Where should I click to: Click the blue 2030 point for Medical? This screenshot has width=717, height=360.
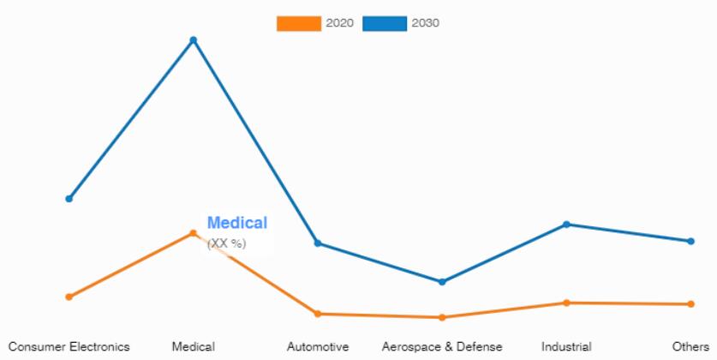pyautogui.click(x=193, y=39)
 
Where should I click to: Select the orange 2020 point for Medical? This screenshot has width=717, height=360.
pyautogui.click(x=193, y=232)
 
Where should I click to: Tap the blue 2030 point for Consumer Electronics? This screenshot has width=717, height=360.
pyautogui.click(x=69, y=199)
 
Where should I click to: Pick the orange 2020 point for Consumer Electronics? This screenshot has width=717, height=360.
pyautogui.click(x=69, y=297)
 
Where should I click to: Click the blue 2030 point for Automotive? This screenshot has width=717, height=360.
pyautogui.click(x=318, y=243)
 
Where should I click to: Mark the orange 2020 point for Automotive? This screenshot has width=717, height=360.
pyautogui.click(x=318, y=314)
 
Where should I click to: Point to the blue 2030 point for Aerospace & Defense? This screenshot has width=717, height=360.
pyautogui.click(x=442, y=282)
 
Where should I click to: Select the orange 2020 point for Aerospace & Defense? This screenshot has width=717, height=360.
pyautogui.click(x=442, y=317)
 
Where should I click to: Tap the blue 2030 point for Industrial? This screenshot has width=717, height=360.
pyautogui.click(x=566, y=225)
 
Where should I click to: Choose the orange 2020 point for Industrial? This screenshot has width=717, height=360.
pyautogui.click(x=566, y=303)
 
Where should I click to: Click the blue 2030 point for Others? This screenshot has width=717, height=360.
pyautogui.click(x=690, y=241)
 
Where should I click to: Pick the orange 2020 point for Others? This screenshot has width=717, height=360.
pyautogui.click(x=690, y=303)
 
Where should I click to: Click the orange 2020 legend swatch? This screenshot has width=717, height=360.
pyautogui.click(x=298, y=23)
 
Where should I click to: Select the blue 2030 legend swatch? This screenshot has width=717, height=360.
pyautogui.click(x=385, y=23)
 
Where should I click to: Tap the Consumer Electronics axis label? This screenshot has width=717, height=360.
pyautogui.click(x=69, y=346)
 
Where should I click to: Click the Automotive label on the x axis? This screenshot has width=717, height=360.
pyautogui.click(x=318, y=346)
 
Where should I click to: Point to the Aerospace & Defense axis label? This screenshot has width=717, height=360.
pyautogui.click(x=442, y=346)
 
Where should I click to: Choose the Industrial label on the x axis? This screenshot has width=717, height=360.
pyautogui.click(x=566, y=346)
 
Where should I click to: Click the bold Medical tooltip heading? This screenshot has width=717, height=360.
pyautogui.click(x=237, y=223)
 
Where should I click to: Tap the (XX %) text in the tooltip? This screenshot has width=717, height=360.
pyautogui.click(x=227, y=243)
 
